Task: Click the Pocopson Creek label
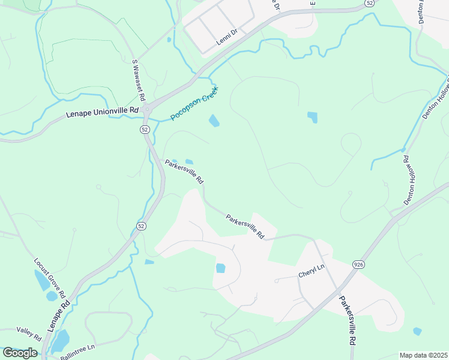click(x=194, y=103)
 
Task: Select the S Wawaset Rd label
click(x=139, y=79)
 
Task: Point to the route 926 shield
click(x=359, y=265)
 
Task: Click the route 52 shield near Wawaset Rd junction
click(x=145, y=129)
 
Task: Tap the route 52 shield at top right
click(x=370, y=3)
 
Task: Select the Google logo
click(x=20, y=353)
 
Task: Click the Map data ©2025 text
click(x=423, y=355)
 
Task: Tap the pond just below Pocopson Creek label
click(x=214, y=121)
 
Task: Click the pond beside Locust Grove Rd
click(x=42, y=280)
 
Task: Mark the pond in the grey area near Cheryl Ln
click(x=220, y=268)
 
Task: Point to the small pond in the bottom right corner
click(x=417, y=331)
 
